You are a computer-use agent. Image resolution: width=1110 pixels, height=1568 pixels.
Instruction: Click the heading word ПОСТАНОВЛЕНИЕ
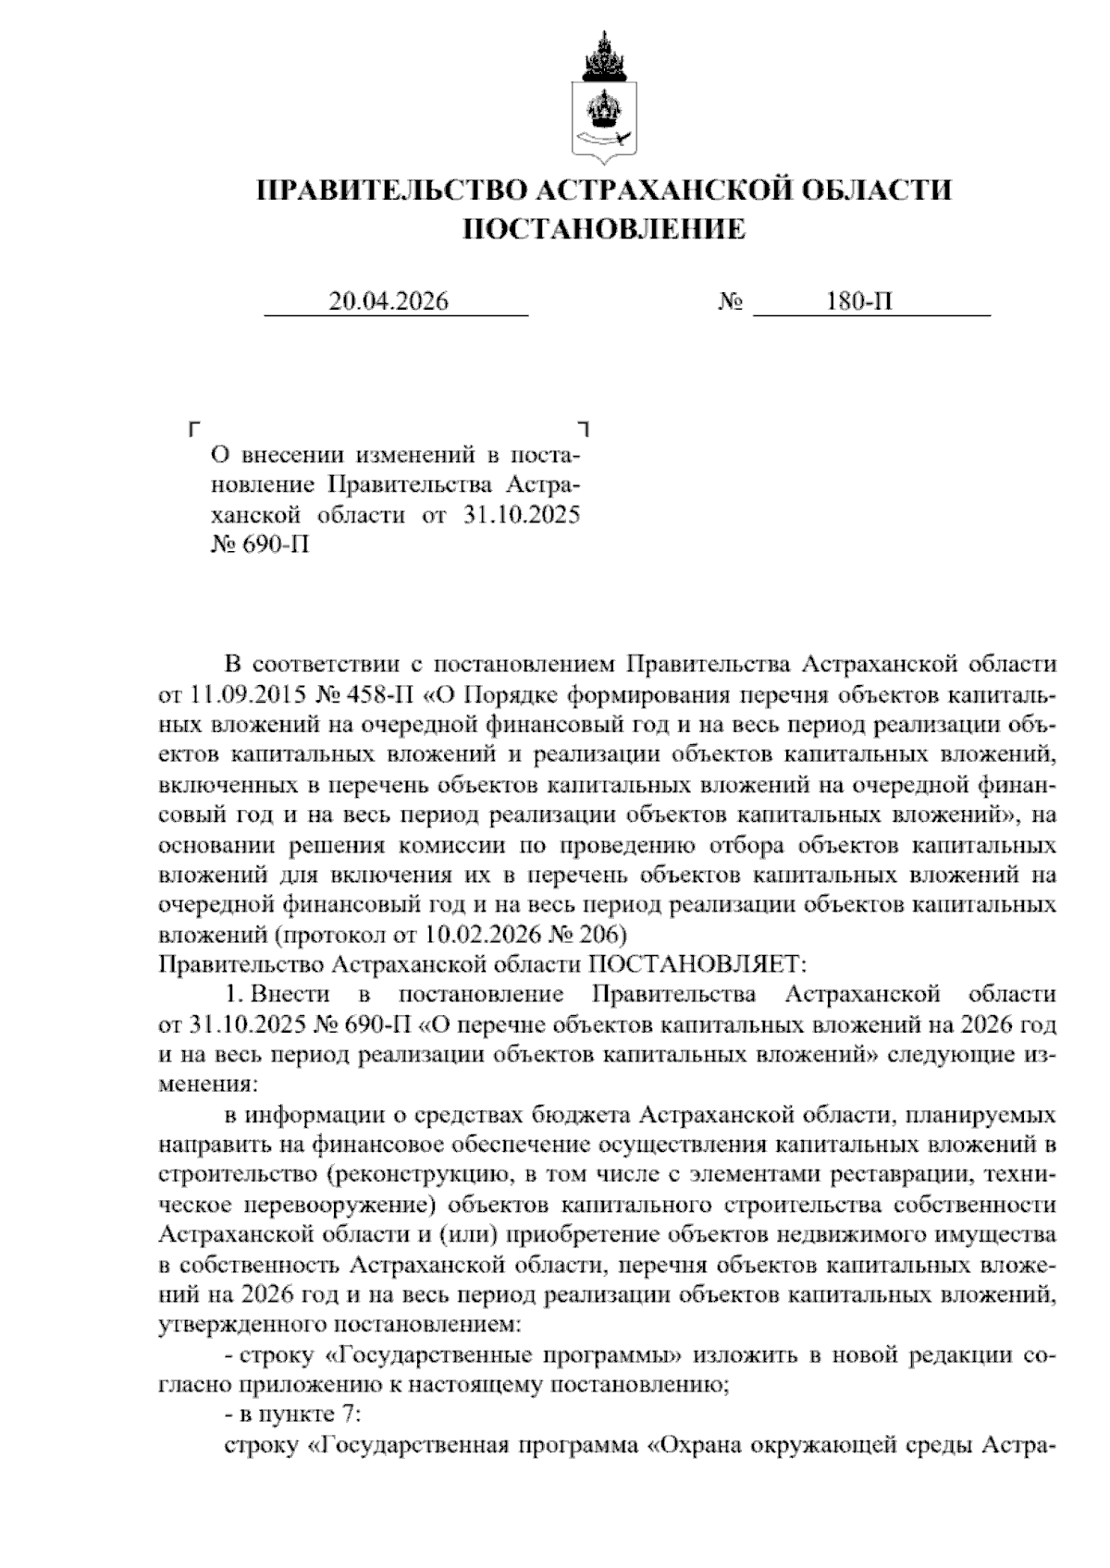[x=603, y=228]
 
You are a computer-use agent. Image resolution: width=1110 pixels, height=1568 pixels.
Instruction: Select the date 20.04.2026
[x=388, y=302]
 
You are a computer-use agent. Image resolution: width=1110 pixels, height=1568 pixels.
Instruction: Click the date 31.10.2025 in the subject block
[x=520, y=514]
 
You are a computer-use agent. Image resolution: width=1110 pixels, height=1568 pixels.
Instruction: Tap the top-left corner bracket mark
[x=192, y=429]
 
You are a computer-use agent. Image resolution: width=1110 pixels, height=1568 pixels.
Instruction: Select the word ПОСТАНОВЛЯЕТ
[x=698, y=964]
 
